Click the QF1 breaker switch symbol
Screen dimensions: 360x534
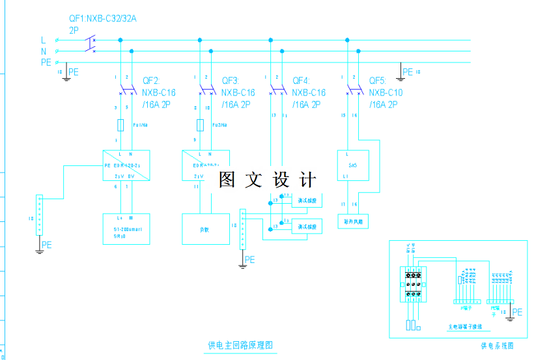[x=90, y=45]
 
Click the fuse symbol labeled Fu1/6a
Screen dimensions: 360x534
[x=120, y=125]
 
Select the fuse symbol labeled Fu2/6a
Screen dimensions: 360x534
[x=200, y=125]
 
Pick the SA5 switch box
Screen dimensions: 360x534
[x=352, y=165]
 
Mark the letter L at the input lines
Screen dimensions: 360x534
[x=44, y=40]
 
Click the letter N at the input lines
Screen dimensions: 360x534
[x=44, y=51]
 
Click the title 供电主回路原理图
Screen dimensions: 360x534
[x=239, y=345]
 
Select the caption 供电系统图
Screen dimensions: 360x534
[x=497, y=346]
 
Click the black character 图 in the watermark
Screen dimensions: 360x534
[x=227, y=180]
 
